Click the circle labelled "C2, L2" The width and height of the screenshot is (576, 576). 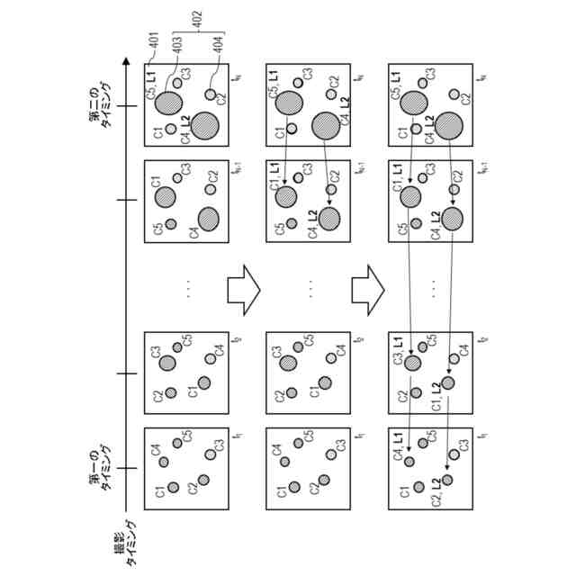click(x=447, y=480)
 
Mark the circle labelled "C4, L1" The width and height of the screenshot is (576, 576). click(x=409, y=462)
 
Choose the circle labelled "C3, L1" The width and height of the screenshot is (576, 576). click(x=412, y=364)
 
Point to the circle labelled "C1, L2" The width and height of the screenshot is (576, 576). click(x=448, y=383)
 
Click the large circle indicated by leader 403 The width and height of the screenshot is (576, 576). click(x=166, y=104)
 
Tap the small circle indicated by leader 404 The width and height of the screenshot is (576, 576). click(x=211, y=94)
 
